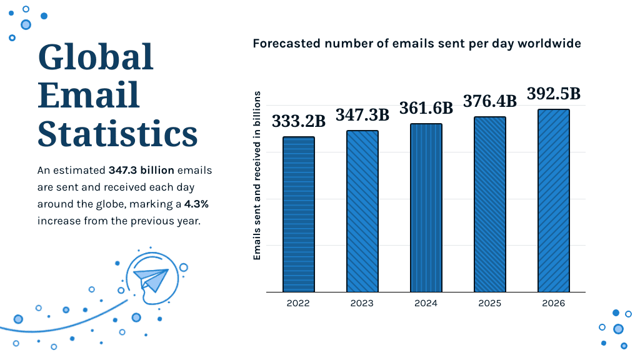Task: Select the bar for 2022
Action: (x=298, y=214)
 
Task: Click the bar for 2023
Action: (x=362, y=211)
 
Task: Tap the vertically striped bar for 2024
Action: (x=426, y=208)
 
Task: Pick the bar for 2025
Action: (x=489, y=204)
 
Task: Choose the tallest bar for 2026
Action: (x=553, y=201)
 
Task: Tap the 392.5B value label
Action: (x=554, y=94)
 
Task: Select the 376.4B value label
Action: (x=489, y=101)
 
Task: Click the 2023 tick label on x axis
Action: (x=362, y=303)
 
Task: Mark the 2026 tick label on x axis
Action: (x=553, y=303)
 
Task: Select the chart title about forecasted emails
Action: (x=417, y=44)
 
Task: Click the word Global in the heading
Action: (x=96, y=57)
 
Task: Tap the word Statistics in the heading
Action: (x=117, y=133)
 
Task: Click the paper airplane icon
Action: (x=152, y=279)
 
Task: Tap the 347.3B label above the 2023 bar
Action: (x=362, y=115)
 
